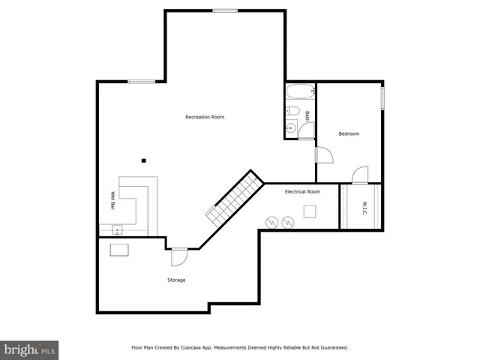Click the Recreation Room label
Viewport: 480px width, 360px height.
pyautogui.click(x=205, y=117)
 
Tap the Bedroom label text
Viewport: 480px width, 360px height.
pyautogui.click(x=349, y=133)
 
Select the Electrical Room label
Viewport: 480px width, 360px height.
pyautogui.click(x=302, y=192)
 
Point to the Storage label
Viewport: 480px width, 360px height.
pyautogui.click(x=176, y=280)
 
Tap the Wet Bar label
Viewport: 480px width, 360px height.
pyautogui.click(x=113, y=202)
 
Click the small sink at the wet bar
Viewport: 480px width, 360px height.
pyautogui.click(x=106, y=229)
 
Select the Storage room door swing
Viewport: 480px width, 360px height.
pyautogui.click(x=178, y=257)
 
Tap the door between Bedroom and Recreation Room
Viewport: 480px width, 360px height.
pyautogui.click(x=323, y=154)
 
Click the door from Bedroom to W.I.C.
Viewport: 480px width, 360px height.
pyautogui.click(x=360, y=175)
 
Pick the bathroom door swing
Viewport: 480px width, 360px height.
pyautogui.click(x=306, y=133)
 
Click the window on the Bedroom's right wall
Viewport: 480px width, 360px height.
pyautogui.click(x=382, y=98)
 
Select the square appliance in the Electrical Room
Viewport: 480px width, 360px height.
pyautogui.click(x=310, y=211)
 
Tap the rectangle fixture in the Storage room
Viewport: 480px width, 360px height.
pyautogui.click(x=119, y=250)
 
